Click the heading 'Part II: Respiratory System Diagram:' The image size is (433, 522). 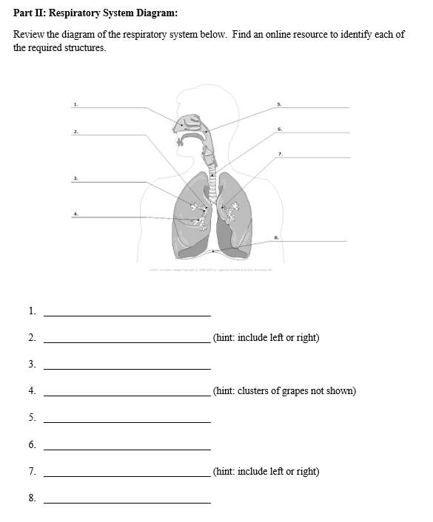point(95,13)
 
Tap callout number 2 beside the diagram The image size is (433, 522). point(75,131)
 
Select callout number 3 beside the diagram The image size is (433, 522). point(75,177)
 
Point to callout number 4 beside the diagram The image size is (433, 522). point(75,213)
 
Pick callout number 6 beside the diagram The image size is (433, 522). point(280,129)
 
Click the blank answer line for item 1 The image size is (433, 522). point(127,315)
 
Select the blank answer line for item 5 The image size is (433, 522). point(127,421)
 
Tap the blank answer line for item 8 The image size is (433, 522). point(127,502)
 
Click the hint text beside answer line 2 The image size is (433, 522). point(266,338)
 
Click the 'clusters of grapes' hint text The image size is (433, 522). point(284,391)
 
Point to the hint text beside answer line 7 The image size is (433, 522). point(266,471)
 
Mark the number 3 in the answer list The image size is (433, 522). point(32,364)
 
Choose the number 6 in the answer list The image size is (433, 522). point(32,444)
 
